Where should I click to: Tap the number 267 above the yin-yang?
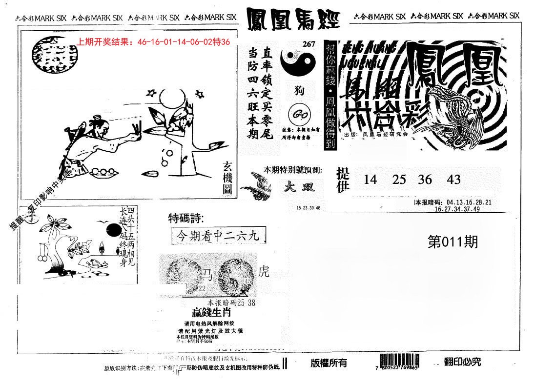click(309, 44)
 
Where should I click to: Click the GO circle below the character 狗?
click(297, 115)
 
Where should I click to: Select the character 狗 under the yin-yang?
click(297, 91)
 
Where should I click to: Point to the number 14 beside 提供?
click(370, 180)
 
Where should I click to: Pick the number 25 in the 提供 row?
click(399, 180)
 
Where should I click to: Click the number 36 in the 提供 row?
click(425, 180)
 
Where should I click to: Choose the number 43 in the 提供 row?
click(453, 180)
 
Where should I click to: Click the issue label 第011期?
click(453, 242)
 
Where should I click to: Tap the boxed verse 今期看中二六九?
click(219, 236)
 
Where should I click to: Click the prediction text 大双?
click(297, 187)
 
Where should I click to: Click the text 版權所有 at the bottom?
click(329, 362)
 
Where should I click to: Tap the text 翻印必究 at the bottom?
click(462, 362)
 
